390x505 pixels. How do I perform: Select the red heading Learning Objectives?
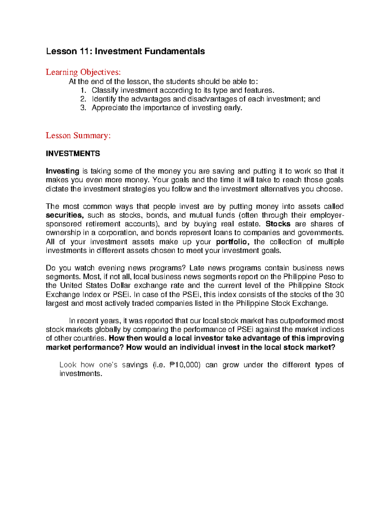coord(83,72)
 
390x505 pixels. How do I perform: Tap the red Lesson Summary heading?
coord(78,135)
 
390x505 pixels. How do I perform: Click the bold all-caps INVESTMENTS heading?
coord(73,153)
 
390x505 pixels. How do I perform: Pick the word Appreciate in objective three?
coord(110,108)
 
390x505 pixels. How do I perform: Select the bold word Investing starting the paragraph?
coord(62,171)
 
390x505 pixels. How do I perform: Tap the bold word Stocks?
coord(278,224)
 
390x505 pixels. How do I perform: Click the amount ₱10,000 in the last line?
coord(185,365)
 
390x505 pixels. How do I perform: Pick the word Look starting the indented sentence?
coord(68,365)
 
